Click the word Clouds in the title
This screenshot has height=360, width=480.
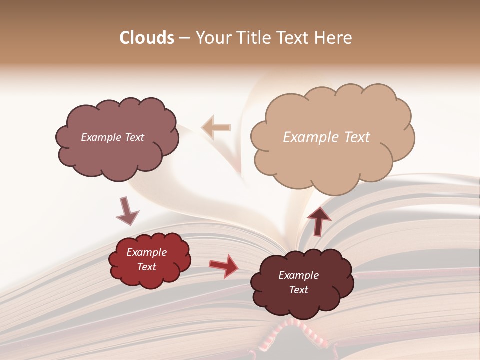(x=147, y=38)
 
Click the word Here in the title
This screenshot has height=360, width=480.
(x=334, y=38)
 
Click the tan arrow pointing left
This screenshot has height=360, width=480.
(x=216, y=127)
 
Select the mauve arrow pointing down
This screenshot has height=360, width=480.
(x=127, y=210)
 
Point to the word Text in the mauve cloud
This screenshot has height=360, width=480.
(x=133, y=137)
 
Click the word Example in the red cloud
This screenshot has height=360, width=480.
(x=146, y=252)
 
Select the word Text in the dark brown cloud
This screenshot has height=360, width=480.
(x=298, y=290)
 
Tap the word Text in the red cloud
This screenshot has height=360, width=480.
(x=146, y=267)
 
